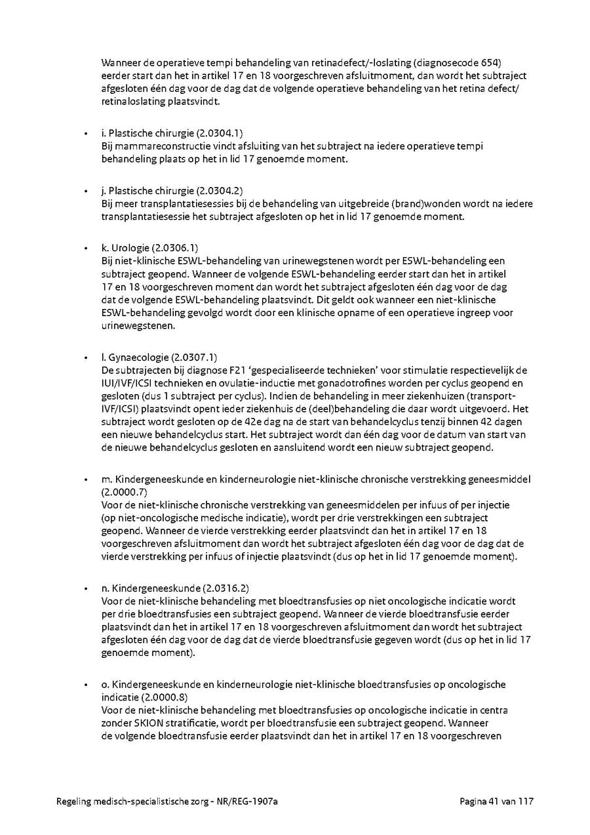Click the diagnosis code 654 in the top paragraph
(492, 64)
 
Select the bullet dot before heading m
(85, 479)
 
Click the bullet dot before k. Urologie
(85, 249)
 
